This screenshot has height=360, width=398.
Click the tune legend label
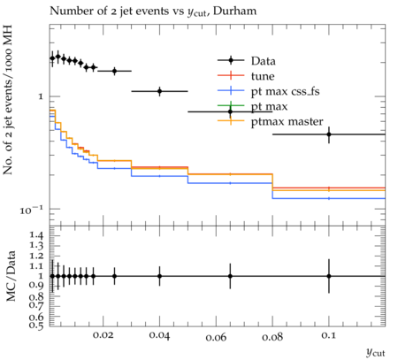pos(263,76)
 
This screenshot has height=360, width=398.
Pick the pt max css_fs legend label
pos(285,91)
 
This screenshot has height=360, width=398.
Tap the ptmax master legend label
pos(287,121)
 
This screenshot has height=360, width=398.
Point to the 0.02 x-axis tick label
pos(103,335)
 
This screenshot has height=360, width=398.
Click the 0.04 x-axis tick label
pos(159,335)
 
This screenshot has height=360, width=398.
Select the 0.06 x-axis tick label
pos(216,337)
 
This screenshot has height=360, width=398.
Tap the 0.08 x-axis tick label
pos(272,336)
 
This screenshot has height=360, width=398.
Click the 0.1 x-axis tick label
pos(328,335)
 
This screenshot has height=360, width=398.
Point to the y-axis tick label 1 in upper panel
pos(41,96)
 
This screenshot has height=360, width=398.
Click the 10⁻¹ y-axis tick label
pos(31,210)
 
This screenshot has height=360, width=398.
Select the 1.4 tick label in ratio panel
pos(36,235)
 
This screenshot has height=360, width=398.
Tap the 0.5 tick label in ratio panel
pos(36,325)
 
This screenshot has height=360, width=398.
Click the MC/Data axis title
pos(11,276)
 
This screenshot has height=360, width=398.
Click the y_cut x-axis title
pos(376,352)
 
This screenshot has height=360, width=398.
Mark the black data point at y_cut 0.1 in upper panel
pos(329,134)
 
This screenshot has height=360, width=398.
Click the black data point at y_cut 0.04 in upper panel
pos(159,91)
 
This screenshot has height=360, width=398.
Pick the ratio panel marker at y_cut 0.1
pos(329,276)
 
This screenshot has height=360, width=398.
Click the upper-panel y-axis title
pos(8,100)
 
